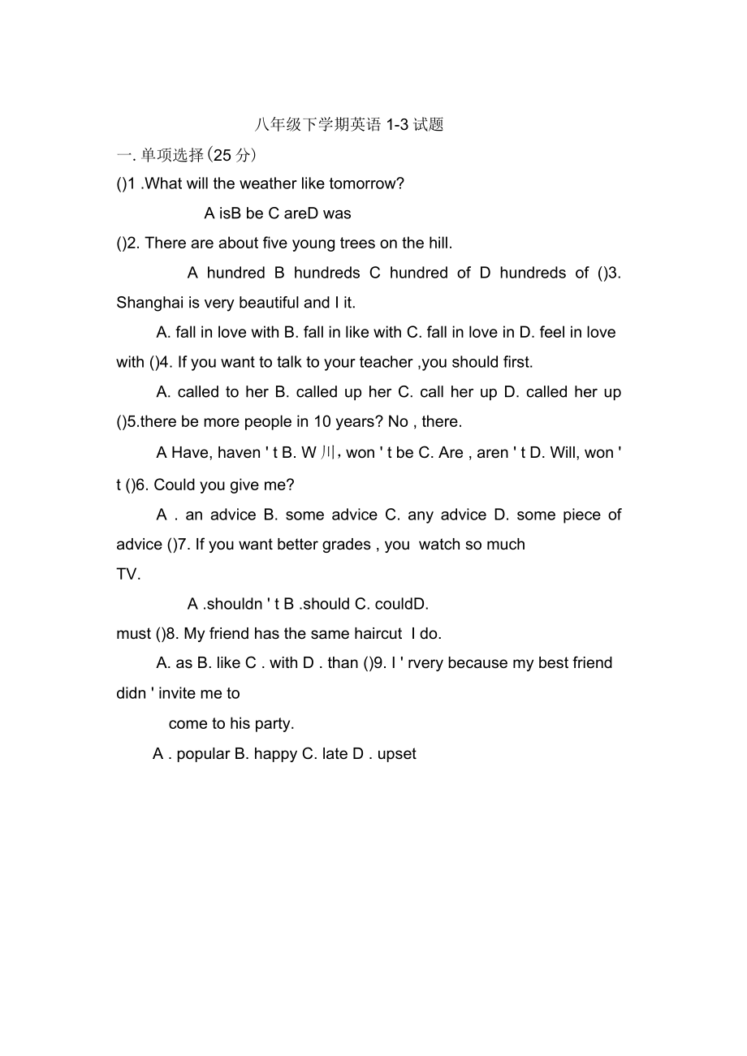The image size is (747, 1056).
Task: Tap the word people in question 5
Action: tap(265, 421)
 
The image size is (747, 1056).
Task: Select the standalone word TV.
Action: tap(128, 574)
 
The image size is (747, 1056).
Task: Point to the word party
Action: tap(275, 723)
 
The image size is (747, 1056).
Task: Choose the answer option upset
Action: tap(397, 754)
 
